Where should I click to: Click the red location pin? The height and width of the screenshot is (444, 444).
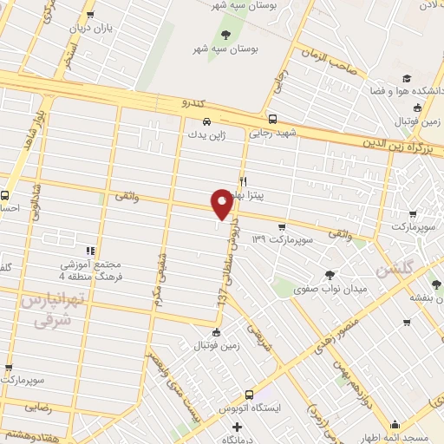coord(222,204)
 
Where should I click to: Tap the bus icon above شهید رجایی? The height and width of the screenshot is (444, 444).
coord(273,120)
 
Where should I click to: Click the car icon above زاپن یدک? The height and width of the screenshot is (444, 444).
coord(206,122)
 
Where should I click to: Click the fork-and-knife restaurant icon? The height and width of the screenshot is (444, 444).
coord(244,180)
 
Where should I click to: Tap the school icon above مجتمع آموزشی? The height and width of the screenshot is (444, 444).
coord(91,250)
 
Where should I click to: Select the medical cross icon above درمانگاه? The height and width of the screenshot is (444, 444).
coord(232,427)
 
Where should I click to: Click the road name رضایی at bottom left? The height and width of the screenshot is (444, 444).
coord(36,405)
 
